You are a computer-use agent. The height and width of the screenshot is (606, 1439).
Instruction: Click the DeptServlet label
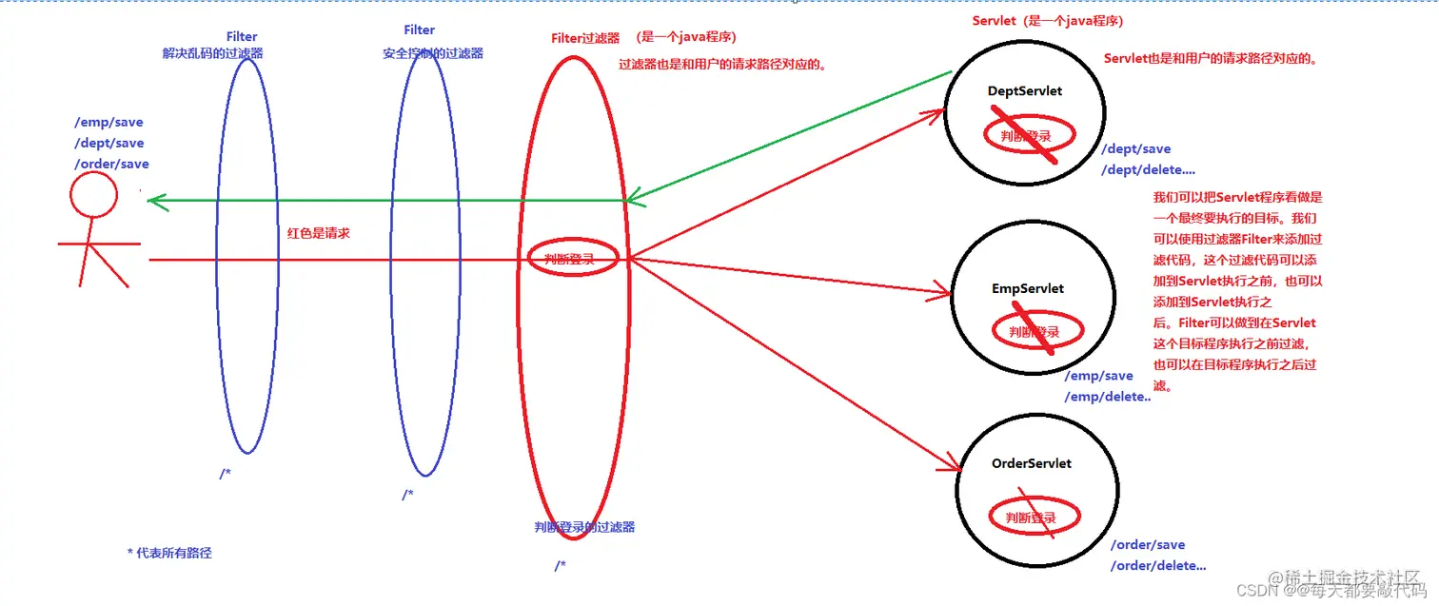click(1024, 91)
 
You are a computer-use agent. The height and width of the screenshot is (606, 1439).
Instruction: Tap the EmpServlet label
click(1027, 288)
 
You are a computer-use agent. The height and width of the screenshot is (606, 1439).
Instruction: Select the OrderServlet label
click(1031, 463)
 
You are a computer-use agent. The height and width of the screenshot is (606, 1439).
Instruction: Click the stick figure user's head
click(93, 195)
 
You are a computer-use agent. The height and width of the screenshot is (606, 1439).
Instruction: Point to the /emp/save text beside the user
click(108, 122)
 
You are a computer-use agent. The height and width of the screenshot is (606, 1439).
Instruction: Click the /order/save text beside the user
click(111, 164)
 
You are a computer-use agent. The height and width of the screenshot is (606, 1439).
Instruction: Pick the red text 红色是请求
click(318, 232)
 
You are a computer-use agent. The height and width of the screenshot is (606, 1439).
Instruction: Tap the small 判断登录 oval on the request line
click(573, 258)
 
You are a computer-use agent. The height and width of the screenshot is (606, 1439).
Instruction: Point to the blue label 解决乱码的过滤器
click(212, 53)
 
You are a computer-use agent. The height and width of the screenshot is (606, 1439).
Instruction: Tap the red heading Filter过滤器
click(585, 38)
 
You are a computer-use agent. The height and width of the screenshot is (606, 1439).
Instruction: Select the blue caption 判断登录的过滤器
click(584, 526)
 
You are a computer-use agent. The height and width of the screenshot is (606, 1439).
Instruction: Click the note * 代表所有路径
click(168, 553)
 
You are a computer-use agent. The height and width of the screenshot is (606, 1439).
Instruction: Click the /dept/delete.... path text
click(1148, 169)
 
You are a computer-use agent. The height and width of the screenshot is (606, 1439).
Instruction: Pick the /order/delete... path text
click(1157, 566)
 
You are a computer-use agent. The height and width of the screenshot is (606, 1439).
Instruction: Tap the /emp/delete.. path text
click(1107, 397)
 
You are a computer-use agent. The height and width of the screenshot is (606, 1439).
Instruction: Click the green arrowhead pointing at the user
click(154, 201)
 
